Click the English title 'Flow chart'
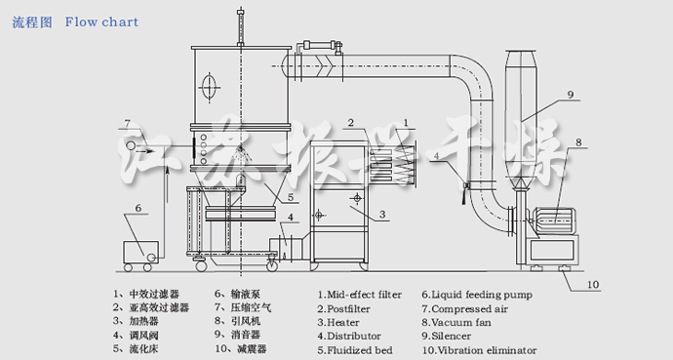pyautogui.click(x=101, y=21)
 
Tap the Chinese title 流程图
pyautogui.click(x=32, y=21)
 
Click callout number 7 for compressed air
pyautogui.click(x=127, y=123)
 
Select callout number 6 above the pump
pyautogui.click(x=138, y=208)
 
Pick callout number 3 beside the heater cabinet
pyautogui.click(x=383, y=214)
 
